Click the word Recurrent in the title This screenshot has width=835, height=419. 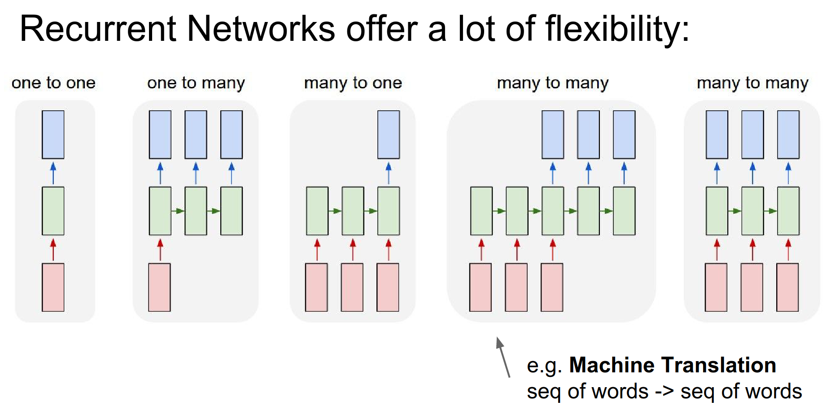[x=98, y=29]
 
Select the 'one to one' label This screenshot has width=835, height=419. [x=53, y=83]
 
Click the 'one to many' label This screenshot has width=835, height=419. [x=196, y=83]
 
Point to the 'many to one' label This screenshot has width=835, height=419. [x=353, y=83]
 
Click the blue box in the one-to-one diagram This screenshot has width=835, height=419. [x=53, y=135]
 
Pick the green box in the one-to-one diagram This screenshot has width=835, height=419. [x=53, y=211]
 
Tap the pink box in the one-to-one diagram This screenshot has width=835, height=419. [x=53, y=287]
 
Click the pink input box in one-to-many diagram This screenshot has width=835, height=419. [x=160, y=287]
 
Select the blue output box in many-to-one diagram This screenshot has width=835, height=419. [x=389, y=135]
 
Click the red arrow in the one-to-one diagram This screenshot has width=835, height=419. [x=53, y=249]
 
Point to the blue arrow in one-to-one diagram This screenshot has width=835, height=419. [x=53, y=173]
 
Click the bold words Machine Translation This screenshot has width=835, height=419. [x=673, y=365]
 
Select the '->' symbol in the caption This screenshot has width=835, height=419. [x=664, y=392]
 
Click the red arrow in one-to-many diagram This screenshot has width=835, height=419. [x=160, y=249]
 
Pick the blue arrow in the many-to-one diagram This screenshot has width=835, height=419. [x=389, y=173]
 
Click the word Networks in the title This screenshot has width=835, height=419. [x=261, y=29]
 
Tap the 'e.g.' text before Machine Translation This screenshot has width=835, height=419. [x=544, y=366]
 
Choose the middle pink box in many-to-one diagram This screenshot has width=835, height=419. [x=352, y=287]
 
